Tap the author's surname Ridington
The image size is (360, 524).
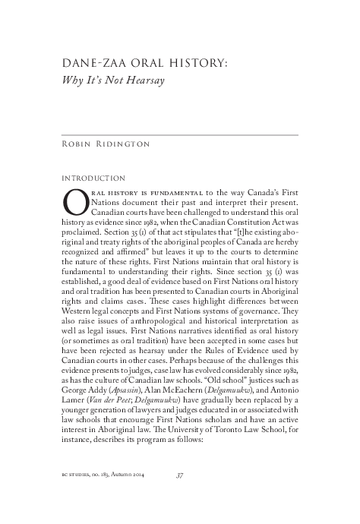point(144,143)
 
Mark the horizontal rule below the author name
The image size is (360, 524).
point(179,134)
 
